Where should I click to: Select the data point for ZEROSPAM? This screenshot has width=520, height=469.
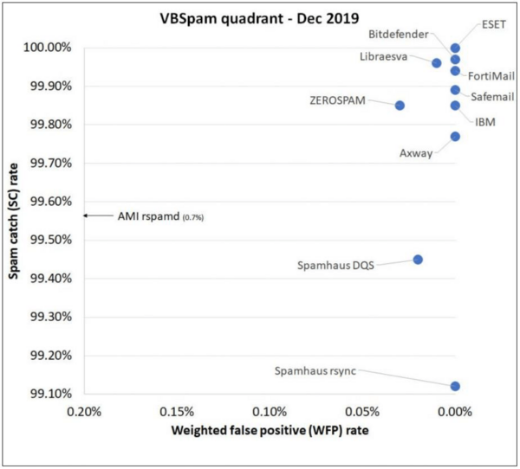click(x=400, y=106)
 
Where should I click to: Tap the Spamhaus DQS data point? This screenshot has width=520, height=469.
click(x=418, y=260)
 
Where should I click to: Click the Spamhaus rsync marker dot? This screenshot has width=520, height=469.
click(x=455, y=386)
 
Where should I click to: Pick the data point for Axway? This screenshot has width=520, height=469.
click(x=455, y=137)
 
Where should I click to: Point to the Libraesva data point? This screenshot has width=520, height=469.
click(x=437, y=63)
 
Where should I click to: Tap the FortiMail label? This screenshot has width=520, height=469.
click(x=490, y=76)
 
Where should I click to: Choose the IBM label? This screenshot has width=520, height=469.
click(x=485, y=123)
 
